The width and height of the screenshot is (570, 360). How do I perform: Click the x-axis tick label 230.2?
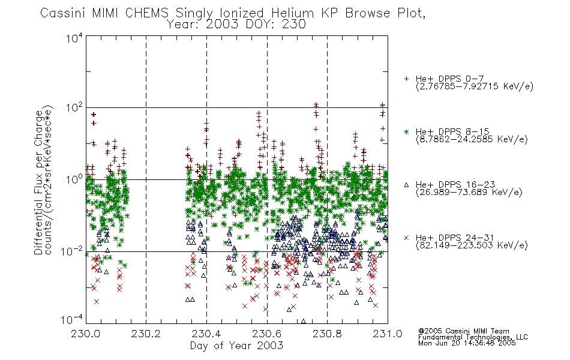(x=146, y=334)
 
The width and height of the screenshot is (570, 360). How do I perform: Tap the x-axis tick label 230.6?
(x=266, y=334)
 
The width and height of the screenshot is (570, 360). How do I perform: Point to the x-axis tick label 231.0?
(x=388, y=334)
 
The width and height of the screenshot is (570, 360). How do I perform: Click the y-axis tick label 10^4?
(x=74, y=38)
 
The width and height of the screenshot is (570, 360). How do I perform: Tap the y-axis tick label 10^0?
(x=74, y=179)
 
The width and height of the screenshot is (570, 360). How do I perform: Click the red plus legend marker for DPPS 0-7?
(x=406, y=79)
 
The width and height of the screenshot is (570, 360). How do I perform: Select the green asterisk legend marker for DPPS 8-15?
(x=406, y=131)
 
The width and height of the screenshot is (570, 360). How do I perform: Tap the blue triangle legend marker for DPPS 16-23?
(x=406, y=185)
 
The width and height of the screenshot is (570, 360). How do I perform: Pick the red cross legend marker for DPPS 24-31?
(x=406, y=238)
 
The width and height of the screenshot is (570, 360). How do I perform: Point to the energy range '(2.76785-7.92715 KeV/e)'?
(x=475, y=86)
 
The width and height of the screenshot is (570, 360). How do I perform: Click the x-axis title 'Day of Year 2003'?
(x=236, y=346)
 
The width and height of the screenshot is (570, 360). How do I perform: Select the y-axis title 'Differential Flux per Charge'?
(x=38, y=182)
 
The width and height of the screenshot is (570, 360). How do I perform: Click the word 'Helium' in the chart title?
(x=292, y=13)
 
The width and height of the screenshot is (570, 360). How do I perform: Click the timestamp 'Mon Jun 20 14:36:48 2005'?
(x=467, y=343)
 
